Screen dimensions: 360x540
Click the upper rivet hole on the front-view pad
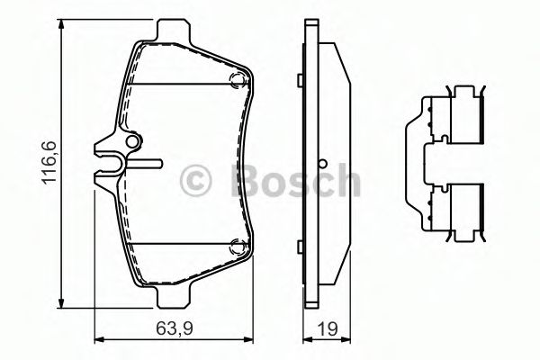[x=238, y=82]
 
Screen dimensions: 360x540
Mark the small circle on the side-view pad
[x=320, y=165]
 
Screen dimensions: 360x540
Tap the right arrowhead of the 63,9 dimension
[x=247, y=339]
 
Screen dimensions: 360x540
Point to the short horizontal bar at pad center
[x=148, y=164]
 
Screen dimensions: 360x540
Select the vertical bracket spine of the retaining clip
[x=415, y=166]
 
